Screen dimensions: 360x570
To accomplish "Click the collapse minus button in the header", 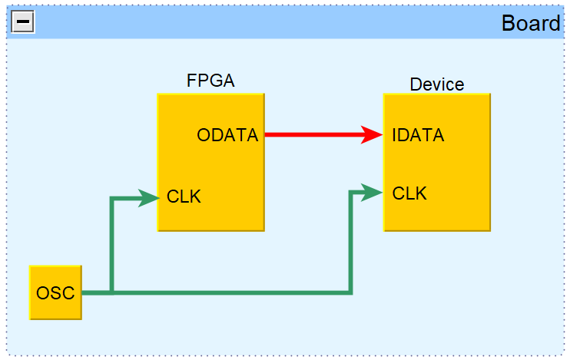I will [22, 22].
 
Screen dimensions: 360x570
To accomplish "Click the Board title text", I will [530, 23].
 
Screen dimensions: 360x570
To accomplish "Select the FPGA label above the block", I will [210, 81].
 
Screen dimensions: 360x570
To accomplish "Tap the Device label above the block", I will [436, 84].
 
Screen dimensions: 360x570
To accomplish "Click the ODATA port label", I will [227, 135].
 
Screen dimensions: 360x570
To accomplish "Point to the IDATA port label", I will [418, 135].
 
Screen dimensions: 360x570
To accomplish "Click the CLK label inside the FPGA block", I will [184, 197].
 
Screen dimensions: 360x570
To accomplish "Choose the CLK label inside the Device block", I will [409, 193].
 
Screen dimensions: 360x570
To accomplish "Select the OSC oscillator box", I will [55, 292].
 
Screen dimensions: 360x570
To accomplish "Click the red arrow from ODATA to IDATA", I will [315, 135].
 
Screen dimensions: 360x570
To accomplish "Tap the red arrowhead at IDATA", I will [373, 135].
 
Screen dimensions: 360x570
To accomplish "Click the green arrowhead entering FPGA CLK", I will [149, 198].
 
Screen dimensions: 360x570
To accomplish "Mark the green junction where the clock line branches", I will [112, 292].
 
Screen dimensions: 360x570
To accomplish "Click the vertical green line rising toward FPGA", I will [112, 246].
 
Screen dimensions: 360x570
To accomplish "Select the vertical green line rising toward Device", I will [350, 242].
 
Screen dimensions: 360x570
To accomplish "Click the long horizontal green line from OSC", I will [230, 292].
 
